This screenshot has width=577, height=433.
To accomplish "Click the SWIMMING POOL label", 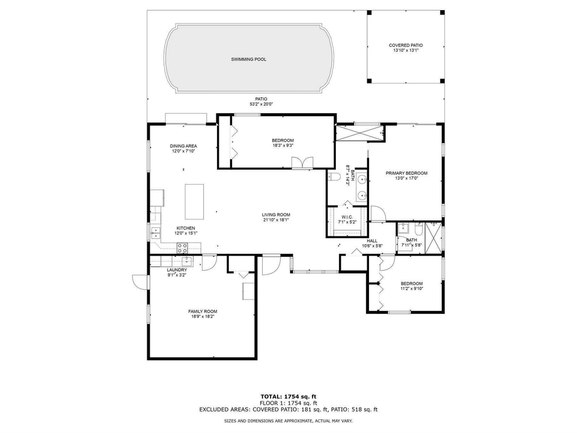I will pyautogui.click(x=248, y=60).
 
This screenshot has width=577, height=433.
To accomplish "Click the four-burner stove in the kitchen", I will pyautogui.click(x=182, y=247).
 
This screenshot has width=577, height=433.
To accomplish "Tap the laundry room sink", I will pyautogui.click(x=187, y=260).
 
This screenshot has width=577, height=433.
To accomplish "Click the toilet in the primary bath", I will pyautogui.click(x=334, y=176).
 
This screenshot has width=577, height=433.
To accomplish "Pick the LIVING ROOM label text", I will pyautogui.click(x=276, y=215).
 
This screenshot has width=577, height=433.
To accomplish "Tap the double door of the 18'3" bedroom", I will pyautogui.click(x=299, y=163).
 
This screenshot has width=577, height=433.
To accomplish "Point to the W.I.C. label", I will pyautogui.click(x=347, y=217).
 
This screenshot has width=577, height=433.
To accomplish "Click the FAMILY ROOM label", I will pyautogui.click(x=202, y=311).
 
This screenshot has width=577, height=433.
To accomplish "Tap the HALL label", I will pyautogui.click(x=372, y=241).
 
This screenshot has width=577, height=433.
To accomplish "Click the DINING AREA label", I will pyautogui.click(x=183, y=146).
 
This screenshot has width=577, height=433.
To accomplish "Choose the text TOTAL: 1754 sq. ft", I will pyautogui.click(x=288, y=396).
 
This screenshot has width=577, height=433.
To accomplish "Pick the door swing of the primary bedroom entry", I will pyautogui.click(x=377, y=213).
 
